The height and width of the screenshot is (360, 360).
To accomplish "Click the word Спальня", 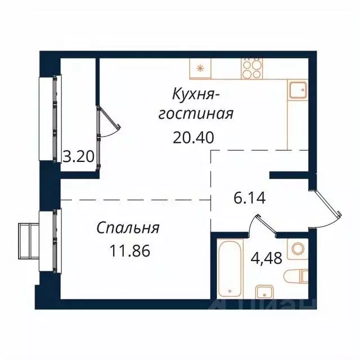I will (x=128, y=228).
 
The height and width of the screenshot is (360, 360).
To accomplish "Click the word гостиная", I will (x=195, y=114).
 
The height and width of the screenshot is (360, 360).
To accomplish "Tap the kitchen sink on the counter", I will (x=297, y=89).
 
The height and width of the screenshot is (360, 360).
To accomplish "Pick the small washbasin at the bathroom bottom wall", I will (x=264, y=291).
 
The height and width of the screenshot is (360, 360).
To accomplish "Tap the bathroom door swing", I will (x=260, y=225).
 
